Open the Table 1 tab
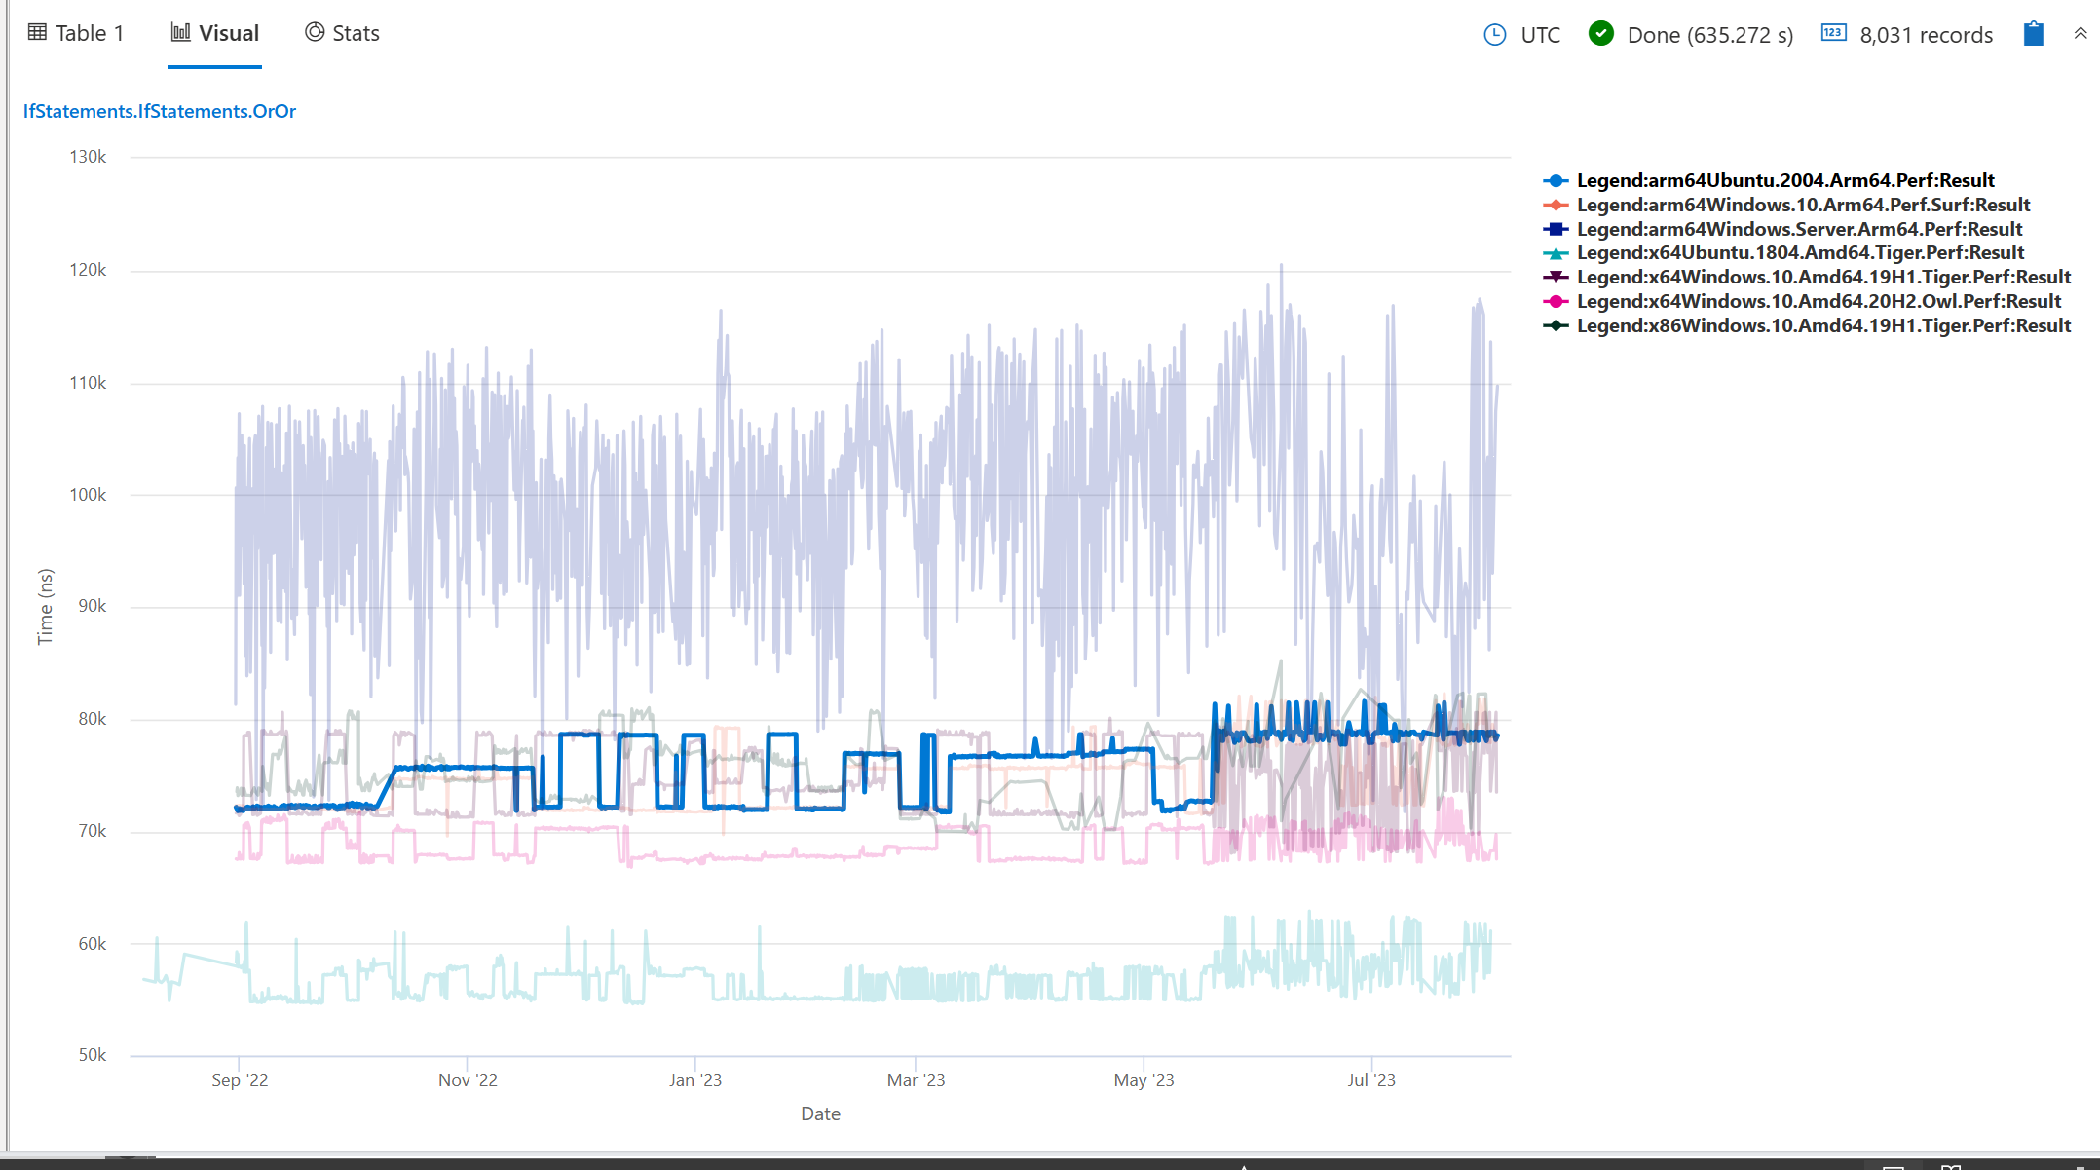click(x=77, y=34)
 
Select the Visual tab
click(x=215, y=34)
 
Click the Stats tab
click(x=342, y=34)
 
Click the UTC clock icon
click(x=1494, y=35)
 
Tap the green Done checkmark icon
click(x=1600, y=34)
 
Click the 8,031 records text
click(x=1926, y=36)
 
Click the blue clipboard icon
click(x=2033, y=34)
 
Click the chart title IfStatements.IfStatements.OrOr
click(x=160, y=112)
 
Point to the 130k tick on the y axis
click(x=88, y=157)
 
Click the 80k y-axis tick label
click(x=92, y=719)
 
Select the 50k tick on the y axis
click(x=92, y=1055)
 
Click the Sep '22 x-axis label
click(x=240, y=1080)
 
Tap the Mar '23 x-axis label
click(x=916, y=1080)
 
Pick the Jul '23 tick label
click(x=1371, y=1080)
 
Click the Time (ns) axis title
click(x=45, y=607)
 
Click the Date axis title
click(x=820, y=1114)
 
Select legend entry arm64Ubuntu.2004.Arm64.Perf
click(x=1784, y=181)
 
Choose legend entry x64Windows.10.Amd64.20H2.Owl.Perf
click(x=1818, y=302)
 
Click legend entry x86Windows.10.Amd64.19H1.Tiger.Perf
click(x=1822, y=326)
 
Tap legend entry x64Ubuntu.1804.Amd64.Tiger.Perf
click(x=1799, y=253)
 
